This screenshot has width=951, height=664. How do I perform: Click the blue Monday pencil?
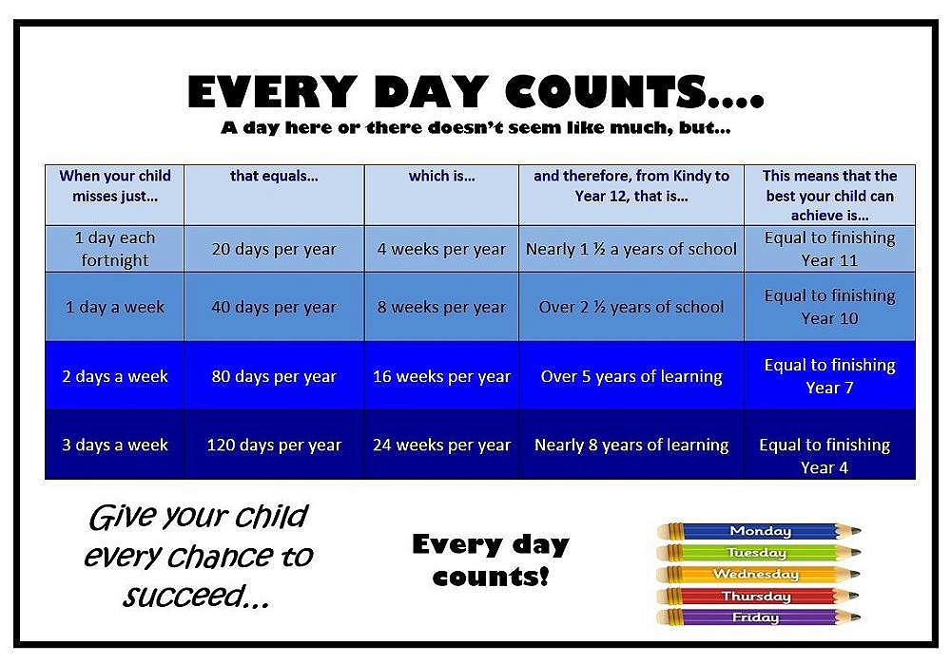point(759,531)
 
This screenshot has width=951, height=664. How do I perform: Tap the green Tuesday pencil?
point(759,553)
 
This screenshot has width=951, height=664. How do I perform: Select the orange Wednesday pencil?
point(759,575)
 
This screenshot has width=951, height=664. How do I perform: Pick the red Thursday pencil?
point(759,597)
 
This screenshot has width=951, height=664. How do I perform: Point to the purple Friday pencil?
point(759,617)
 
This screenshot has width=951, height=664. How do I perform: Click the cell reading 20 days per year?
point(274,250)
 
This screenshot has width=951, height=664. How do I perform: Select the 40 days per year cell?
point(274,307)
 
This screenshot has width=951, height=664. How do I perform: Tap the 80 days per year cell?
point(274,376)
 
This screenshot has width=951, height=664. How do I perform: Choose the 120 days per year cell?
point(274,445)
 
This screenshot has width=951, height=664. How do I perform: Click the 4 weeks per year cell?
point(441,250)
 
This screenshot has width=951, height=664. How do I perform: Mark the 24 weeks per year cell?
point(441,445)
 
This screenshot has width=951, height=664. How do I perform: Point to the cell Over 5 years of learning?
point(631,376)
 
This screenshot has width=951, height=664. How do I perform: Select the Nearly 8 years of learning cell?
point(631,445)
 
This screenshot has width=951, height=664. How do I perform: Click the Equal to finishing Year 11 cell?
point(829,249)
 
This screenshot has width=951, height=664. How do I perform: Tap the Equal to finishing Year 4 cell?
point(825,455)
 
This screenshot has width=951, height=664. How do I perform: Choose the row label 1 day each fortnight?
point(115,249)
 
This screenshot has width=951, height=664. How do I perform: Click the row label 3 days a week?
point(115,445)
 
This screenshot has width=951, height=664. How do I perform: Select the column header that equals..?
point(274,176)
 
